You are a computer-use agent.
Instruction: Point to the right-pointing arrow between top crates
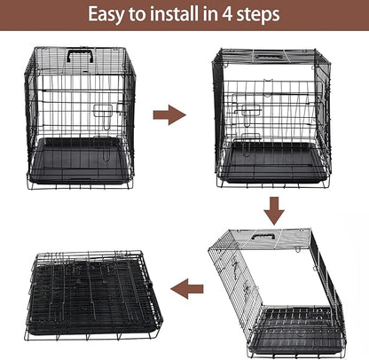coord(169,114)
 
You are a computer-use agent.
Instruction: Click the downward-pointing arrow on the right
coord(274,209)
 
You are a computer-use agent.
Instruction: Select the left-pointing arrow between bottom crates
coord(186,288)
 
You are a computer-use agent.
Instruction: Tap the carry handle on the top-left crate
coord(80,55)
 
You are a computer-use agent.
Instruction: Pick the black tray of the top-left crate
coord(80,162)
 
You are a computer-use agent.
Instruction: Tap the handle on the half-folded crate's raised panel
coord(262,237)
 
